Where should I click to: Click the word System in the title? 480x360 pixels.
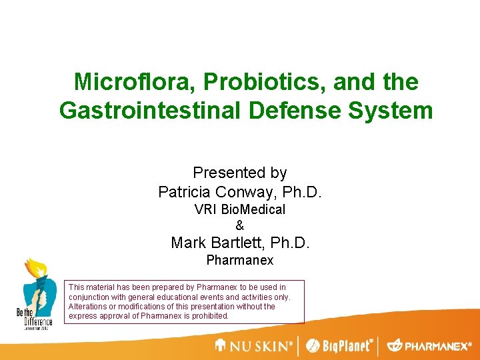(x=394, y=110)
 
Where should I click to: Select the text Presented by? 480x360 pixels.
(x=240, y=173)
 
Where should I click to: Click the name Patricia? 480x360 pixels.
(x=187, y=193)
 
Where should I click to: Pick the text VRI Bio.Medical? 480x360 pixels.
(x=240, y=209)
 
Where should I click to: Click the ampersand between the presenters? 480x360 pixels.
(x=240, y=226)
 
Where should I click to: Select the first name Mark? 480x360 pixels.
(x=187, y=243)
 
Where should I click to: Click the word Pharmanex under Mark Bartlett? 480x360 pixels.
(x=240, y=260)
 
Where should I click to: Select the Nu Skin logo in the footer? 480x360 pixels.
(x=253, y=346)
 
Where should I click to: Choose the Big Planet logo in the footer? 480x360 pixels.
(x=340, y=346)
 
